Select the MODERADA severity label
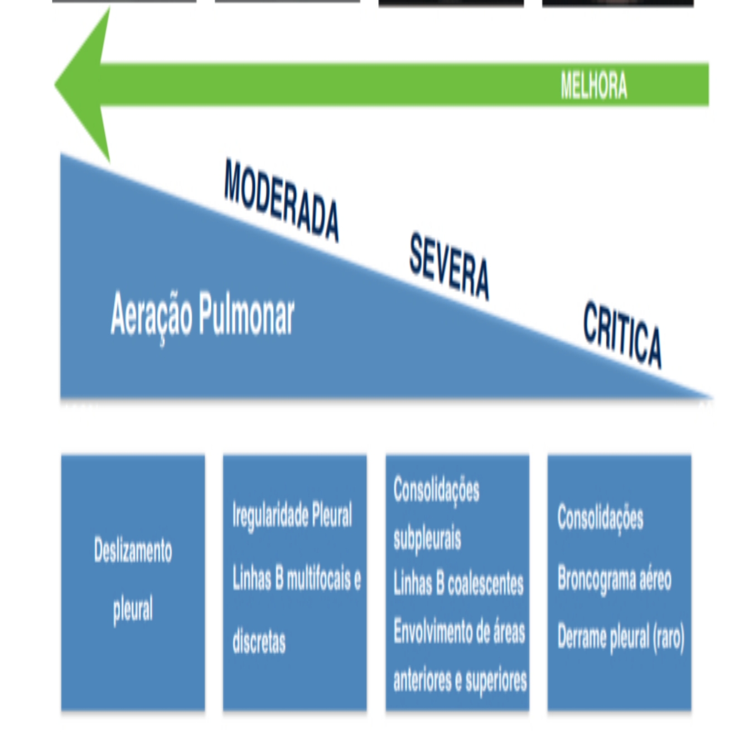coord(281,200)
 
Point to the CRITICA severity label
coord(622,334)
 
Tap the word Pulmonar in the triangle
coord(247,315)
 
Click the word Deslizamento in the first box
coord(133,550)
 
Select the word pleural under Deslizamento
coord(133,608)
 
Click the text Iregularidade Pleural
coord(292,515)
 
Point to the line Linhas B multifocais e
coord(297,578)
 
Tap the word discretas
coord(259,641)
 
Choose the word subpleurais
coord(427,538)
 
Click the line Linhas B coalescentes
coord(458,584)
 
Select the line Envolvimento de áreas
coord(459,631)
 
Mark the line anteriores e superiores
coord(460,679)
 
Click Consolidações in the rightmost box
coord(600,518)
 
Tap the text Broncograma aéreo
coord(614,578)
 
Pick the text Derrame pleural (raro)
coord(621,637)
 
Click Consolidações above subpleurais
coord(436,490)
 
